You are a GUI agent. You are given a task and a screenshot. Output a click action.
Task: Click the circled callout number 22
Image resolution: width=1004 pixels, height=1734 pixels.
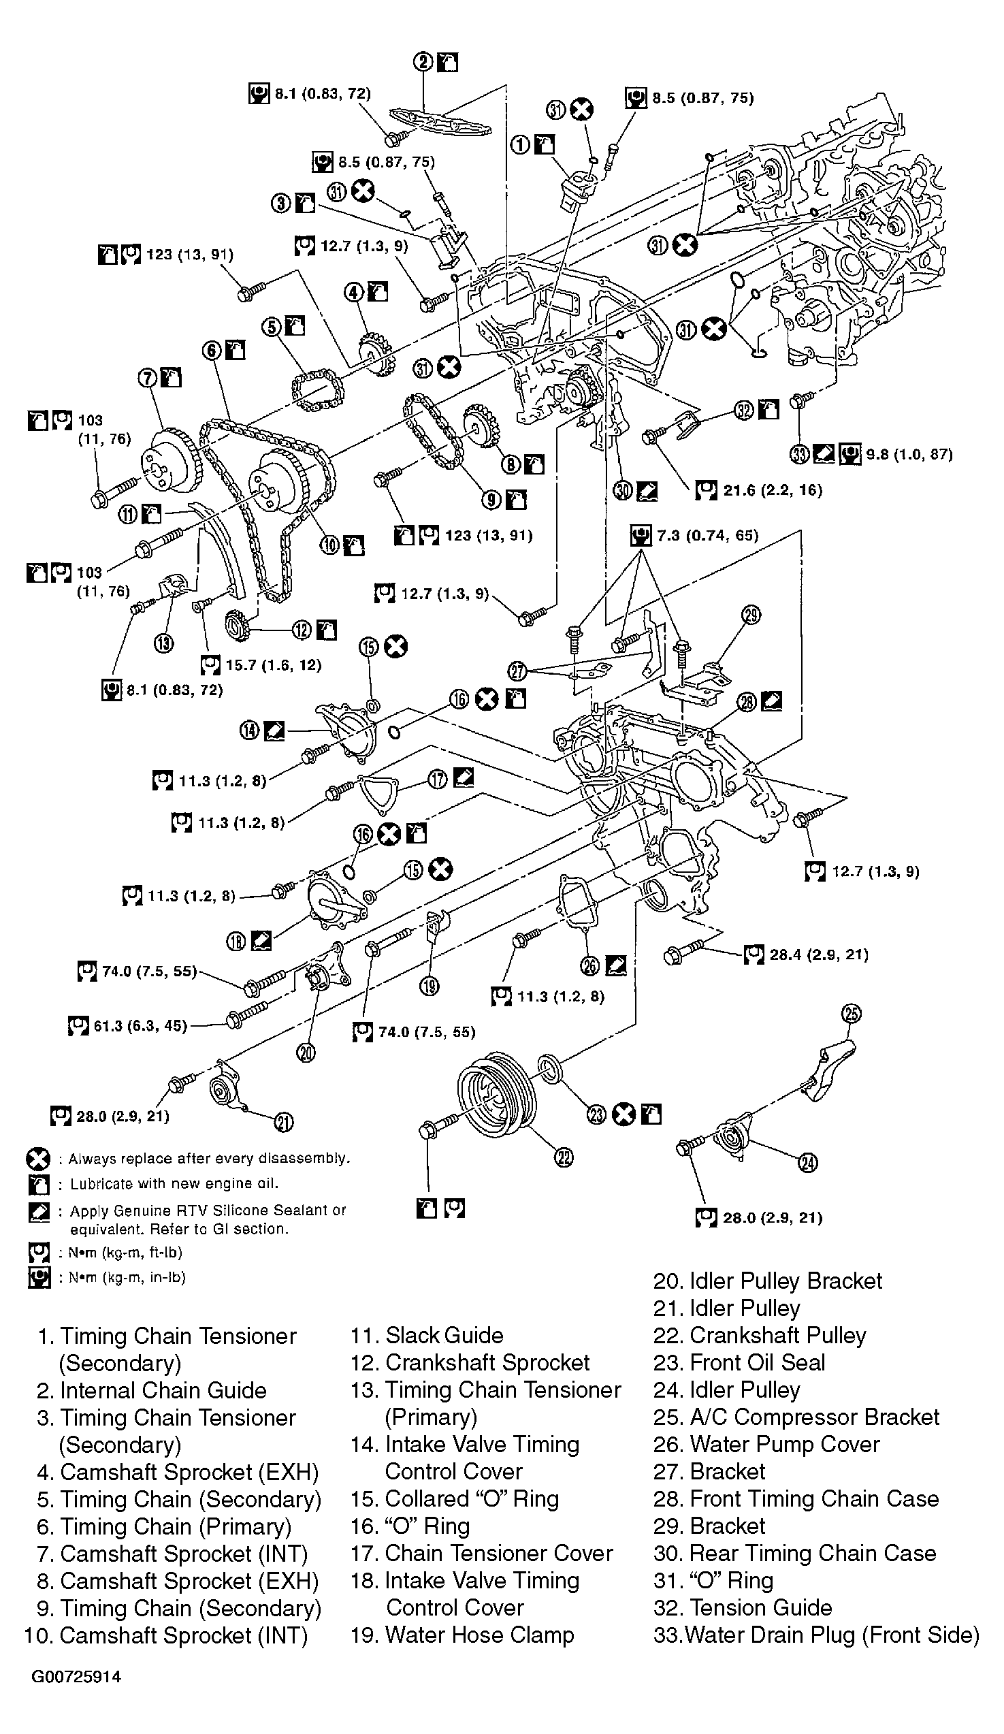point(564,1158)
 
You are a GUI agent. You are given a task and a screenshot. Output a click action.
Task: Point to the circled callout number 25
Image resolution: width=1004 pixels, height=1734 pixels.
point(852,1014)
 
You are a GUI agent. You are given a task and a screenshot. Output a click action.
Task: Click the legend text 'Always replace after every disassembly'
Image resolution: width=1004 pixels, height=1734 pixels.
point(209,1159)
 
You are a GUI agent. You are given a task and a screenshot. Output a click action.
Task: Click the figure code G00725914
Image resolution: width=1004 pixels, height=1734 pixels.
point(76,1696)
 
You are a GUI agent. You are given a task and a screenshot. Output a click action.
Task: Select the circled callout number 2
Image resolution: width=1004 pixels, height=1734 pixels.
point(423,63)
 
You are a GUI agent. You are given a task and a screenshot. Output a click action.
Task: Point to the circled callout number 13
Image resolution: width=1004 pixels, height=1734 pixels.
point(164,643)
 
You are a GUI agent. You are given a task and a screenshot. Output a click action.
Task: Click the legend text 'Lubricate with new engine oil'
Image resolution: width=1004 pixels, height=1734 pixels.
point(174,1183)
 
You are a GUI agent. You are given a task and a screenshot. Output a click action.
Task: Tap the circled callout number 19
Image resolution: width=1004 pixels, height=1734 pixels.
point(430,986)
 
